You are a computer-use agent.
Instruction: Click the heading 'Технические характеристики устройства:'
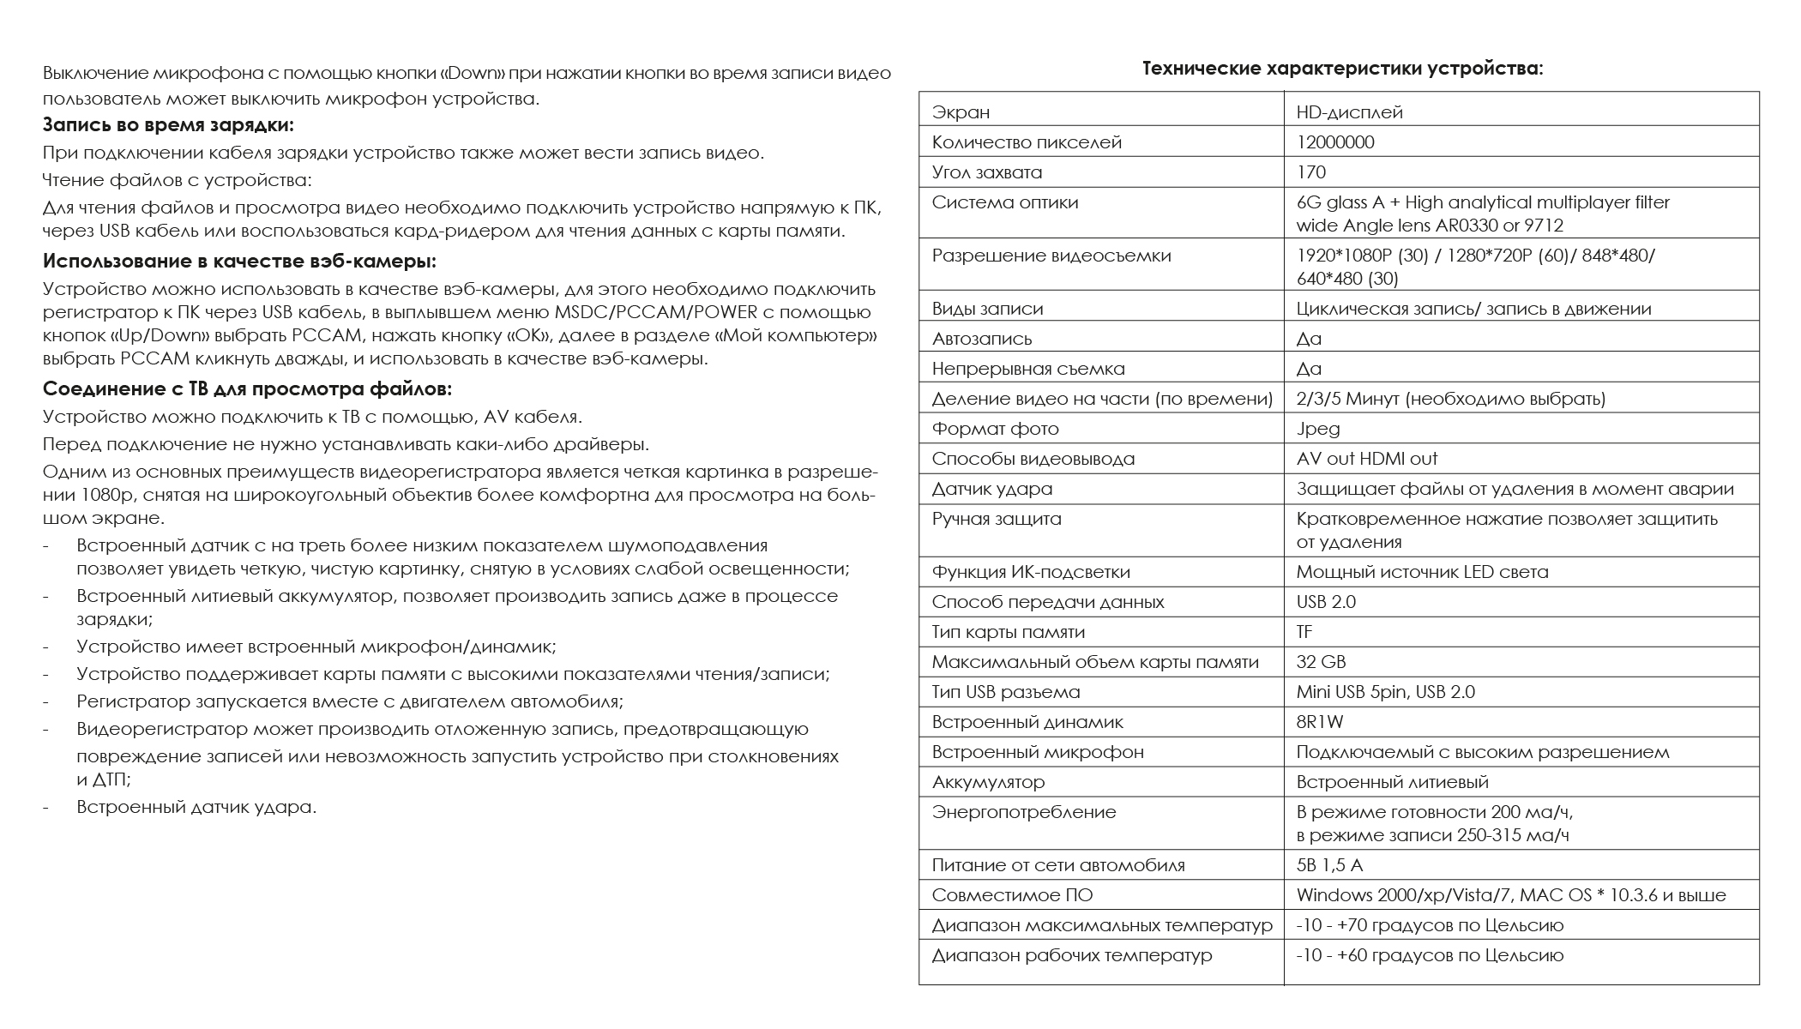tap(1342, 69)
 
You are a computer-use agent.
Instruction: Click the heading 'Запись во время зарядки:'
tap(168, 125)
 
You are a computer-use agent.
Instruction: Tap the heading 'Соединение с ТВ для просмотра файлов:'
tap(247, 389)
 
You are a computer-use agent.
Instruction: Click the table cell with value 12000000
tap(1335, 142)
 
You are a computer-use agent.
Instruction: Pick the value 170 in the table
tap(1311, 172)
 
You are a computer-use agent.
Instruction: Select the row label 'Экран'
tap(961, 112)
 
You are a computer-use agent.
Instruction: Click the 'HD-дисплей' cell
tap(1349, 112)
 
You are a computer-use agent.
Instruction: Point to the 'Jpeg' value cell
tap(1318, 429)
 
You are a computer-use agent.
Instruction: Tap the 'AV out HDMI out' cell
tap(1367, 459)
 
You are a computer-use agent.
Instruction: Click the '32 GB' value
tap(1321, 662)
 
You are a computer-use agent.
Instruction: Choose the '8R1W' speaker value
tap(1320, 722)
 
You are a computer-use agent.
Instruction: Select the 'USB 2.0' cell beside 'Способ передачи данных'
tap(1326, 602)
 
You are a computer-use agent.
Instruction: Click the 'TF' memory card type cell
tap(1304, 632)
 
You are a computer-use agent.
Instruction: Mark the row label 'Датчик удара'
tap(991, 489)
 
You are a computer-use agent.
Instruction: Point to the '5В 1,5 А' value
tap(1329, 865)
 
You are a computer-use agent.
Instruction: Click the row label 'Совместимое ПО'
tap(1012, 895)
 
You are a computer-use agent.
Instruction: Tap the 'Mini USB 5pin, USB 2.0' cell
tap(1385, 692)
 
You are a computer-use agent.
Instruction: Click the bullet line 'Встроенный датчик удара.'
tap(196, 807)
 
